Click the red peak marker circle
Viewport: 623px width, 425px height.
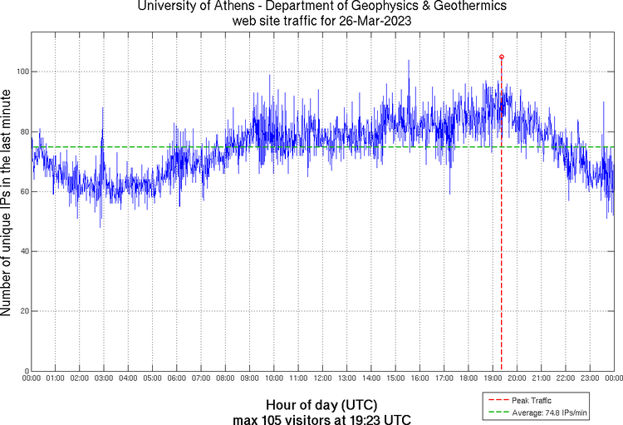click(502, 57)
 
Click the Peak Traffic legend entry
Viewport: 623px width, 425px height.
click(531, 400)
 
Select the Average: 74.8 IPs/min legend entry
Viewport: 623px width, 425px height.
click(547, 412)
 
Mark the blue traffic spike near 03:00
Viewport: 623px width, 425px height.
click(103, 109)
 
